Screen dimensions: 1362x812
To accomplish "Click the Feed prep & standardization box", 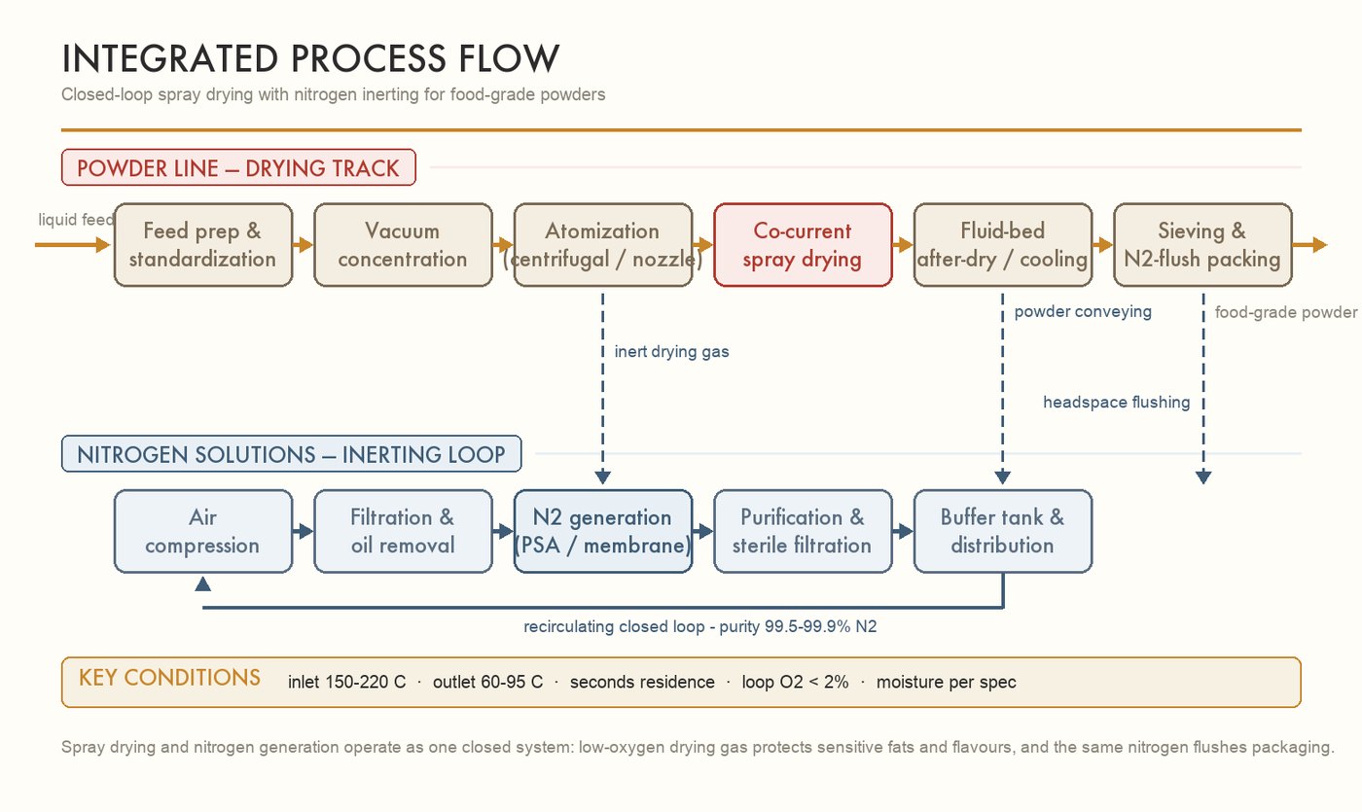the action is pyautogui.click(x=203, y=245).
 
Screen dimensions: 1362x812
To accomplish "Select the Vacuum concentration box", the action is pyautogui.click(x=403, y=245).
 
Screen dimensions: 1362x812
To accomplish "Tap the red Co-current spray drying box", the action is pyautogui.click(x=803, y=245).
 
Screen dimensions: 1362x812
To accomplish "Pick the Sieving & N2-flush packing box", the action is pyautogui.click(x=1202, y=245).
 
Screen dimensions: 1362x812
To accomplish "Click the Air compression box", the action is pyautogui.click(x=203, y=531).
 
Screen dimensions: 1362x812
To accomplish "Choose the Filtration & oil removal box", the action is pyautogui.click(x=403, y=531).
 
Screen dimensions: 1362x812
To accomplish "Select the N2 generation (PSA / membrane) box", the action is pyautogui.click(x=602, y=531).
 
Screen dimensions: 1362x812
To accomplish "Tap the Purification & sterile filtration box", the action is pyautogui.click(x=803, y=531).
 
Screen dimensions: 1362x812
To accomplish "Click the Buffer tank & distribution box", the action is pyautogui.click(x=1003, y=531).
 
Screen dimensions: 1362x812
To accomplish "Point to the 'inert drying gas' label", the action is pyautogui.click(x=671, y=352).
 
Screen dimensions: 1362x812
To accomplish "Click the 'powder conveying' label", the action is pyautogui.click(x=1083, y=312).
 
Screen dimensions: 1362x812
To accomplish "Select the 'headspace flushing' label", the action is pyautogui.click(x=1117, y=403).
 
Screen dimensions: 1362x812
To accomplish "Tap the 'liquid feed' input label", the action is pyautogui.click(x=76, y=220).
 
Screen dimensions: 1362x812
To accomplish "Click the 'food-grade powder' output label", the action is pyautogui.click(x=1286, y=312).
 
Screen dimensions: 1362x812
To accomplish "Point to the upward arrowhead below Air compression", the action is pyautogui.click(x=203, y=584).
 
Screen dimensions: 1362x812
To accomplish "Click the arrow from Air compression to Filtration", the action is pyautogui.click(x=303, y=532).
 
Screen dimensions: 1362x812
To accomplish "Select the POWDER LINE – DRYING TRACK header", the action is pyautogui.click(x=238, y=167).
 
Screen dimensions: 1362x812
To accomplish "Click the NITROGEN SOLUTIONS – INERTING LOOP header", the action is pyautogui.click(x=291, y=454).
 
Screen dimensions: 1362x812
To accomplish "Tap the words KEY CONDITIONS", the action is pyautogui.click(x=169, y=678).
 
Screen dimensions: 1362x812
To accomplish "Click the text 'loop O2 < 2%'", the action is pyautogui.click(x=796, y=682).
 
